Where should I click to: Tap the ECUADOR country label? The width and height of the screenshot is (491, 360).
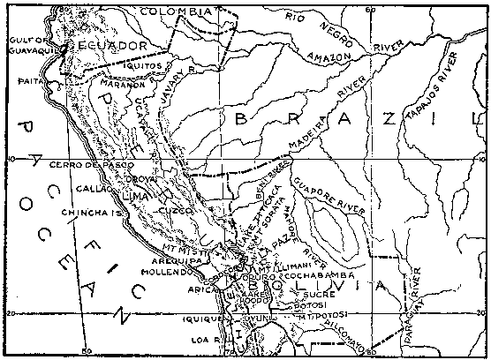(x=111, y=45)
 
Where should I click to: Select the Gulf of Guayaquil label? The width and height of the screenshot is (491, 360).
(x=27, y=45)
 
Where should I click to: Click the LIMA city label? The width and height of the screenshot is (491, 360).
(x=140, y=189)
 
